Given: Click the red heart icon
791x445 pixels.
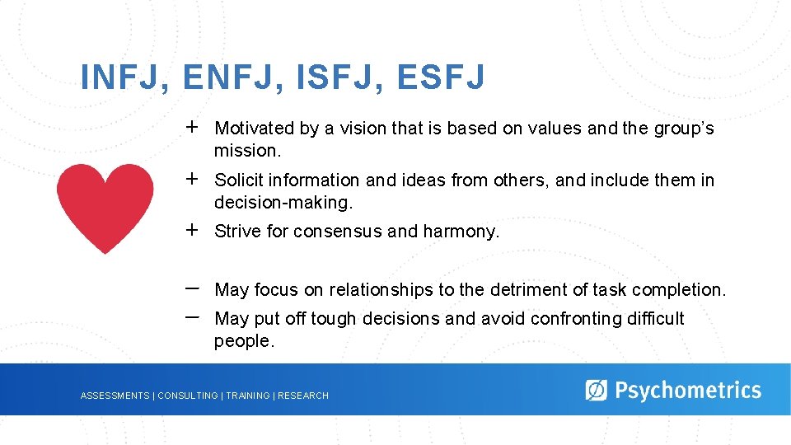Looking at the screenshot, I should click(x=105, y=206).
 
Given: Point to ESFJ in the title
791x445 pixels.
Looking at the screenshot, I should click(x=440, y=78).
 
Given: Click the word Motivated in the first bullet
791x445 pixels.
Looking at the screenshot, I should click(x=254, y=129).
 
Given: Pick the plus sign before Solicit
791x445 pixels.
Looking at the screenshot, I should click(x=192, y=179).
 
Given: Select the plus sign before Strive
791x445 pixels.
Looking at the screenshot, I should click(x=192, y=230).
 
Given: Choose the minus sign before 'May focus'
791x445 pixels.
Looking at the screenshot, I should click(x=192, y=288).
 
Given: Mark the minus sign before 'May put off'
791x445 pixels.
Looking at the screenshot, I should click(x=192, y=316).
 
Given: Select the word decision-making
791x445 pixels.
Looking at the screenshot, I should click(x=283, y=203).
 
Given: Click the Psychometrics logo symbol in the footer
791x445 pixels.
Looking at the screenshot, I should click(x=596, y=390).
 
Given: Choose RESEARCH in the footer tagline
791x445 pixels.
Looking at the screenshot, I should click(x=303, y=396).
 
